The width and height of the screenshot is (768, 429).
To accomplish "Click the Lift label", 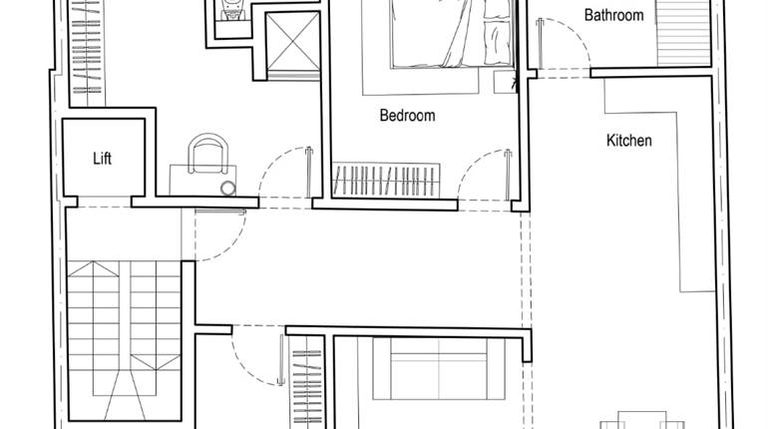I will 102,159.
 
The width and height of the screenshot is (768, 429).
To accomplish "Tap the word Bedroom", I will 407,116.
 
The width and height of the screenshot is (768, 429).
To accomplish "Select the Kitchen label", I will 628,141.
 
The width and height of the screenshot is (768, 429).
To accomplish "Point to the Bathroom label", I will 613,15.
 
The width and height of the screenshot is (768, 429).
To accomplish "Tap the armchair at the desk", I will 207,154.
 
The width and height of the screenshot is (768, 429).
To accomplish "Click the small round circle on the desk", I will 228,187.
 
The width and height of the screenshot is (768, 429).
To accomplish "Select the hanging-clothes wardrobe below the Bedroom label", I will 384,181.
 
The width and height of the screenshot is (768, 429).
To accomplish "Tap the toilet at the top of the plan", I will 232,11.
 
